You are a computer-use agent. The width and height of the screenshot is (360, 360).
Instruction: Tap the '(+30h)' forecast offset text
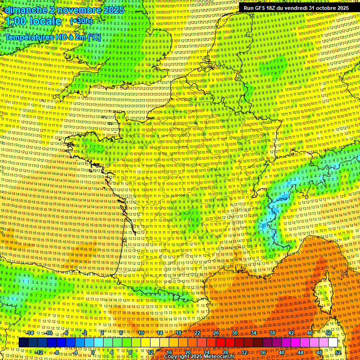tap(81, 21)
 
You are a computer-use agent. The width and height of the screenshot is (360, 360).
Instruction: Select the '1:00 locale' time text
tap(33, 21)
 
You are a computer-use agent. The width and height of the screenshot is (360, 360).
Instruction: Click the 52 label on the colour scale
tap(338, 352)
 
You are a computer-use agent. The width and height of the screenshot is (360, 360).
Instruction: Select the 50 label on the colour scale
tap(329, 333)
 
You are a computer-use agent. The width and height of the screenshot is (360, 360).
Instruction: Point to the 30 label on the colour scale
tap(234, 333)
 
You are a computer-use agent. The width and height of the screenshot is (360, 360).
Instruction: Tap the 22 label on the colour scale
tap(197, 333)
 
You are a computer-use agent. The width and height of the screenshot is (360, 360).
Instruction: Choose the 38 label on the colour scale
tap(272, 333)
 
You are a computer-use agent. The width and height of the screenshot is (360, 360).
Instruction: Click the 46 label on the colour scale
tap(309, 333)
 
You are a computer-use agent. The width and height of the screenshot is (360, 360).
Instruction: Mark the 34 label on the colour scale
tap(253, 333)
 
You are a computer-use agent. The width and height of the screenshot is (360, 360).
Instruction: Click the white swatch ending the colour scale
tap(333, 343)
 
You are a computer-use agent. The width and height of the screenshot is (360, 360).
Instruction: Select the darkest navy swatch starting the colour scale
tap(23, 343)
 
